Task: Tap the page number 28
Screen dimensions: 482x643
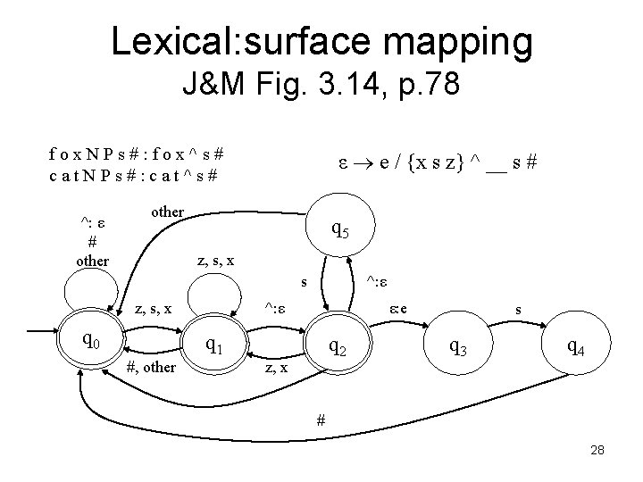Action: point(597,451)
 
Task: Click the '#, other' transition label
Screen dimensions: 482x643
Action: point(149,368)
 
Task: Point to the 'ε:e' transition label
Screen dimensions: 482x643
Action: point(398,309)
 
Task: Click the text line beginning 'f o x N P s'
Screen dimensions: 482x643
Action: point(137,152)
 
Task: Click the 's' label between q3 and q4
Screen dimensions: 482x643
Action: point(518,310)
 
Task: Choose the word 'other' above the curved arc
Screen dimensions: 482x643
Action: point(167,212)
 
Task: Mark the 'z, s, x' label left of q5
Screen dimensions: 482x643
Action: point(216,261)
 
